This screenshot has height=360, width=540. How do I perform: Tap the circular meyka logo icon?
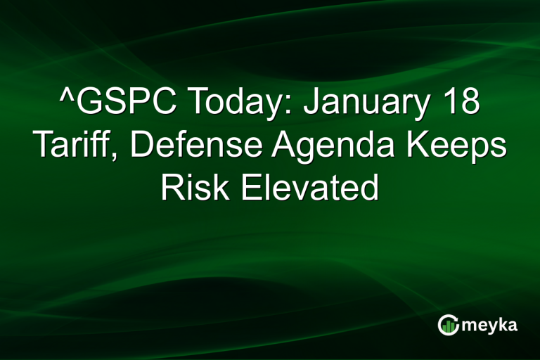pyautogui.click(x=447, y=324)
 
